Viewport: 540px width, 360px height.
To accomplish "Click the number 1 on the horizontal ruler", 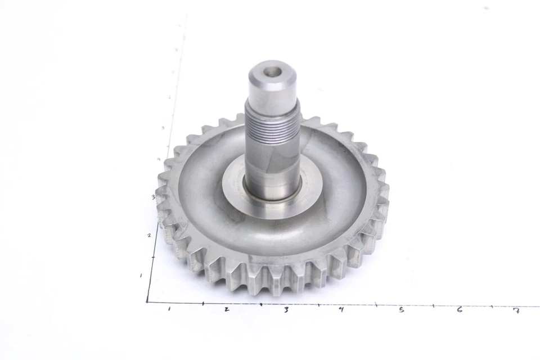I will point(169,309).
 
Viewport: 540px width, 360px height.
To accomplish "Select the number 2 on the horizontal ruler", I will point(226,310).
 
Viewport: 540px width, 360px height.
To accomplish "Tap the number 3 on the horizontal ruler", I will point(286,310).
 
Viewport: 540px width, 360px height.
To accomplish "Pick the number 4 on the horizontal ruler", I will point(341,309).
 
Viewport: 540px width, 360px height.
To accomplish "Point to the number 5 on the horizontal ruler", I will point(401,310).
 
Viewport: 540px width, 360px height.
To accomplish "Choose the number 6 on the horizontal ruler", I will point(460,310).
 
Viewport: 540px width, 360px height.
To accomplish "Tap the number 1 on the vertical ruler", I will point(141,276).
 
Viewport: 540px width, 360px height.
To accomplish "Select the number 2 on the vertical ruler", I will point(148,235).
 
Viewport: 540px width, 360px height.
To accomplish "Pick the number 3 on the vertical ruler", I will point(154,197).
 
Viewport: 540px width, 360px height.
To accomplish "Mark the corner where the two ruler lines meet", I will point(147,302).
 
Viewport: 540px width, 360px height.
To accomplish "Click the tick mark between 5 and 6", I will point(433,305).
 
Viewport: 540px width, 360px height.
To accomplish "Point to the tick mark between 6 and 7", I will point(490,306).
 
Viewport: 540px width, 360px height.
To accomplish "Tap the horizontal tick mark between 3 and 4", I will point(318,305).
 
